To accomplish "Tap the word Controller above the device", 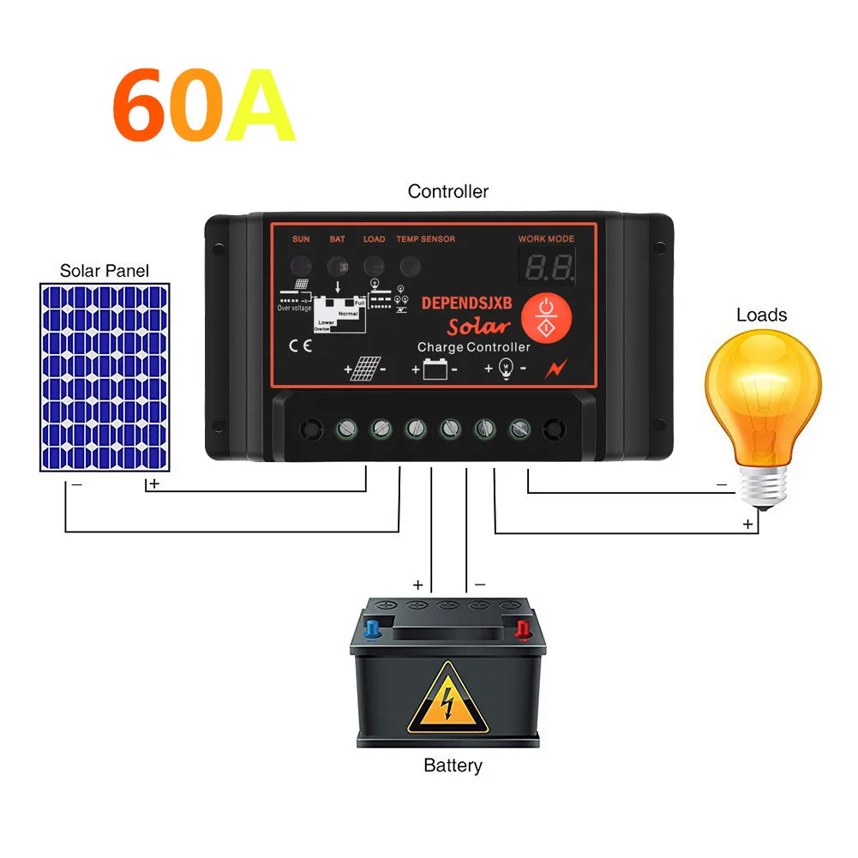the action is click(447, 191).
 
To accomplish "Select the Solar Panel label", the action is click(104, 271).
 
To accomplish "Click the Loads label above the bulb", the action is click(761, 315).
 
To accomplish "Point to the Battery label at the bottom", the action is click(453, 765).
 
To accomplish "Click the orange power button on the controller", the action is click(545, 315).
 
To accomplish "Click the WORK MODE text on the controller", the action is click(546, 239).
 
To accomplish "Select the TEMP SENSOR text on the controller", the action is click(425, 239).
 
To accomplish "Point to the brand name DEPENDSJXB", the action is click(466, 303).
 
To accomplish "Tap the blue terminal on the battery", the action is click(373, 630).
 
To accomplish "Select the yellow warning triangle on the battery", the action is click(447, 699).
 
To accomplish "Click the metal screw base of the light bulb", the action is click(763, 489).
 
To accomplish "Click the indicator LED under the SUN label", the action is click(301, 263).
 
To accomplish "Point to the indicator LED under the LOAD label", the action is click(374, 263).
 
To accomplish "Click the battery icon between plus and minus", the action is click(436, 370).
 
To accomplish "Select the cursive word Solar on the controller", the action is click(479, 325).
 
